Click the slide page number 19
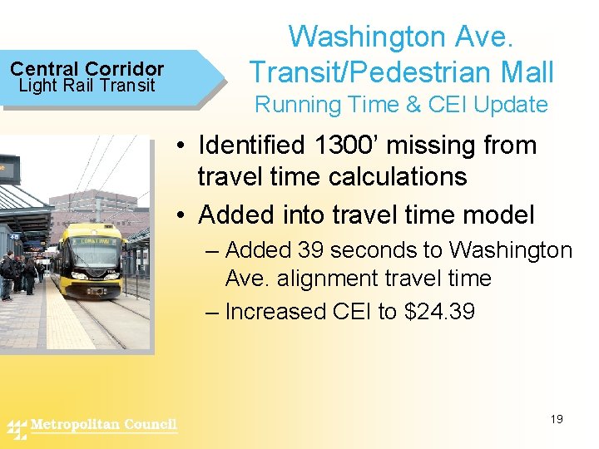pos(557,419)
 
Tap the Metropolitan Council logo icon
pos(17,429)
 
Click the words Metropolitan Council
pos(104,425)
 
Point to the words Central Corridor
pos(87,69)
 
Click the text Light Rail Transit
pos(87,86)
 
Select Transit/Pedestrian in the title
pos(362,72)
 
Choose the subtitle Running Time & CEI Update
pos(401,105)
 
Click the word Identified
pos(250,146)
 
